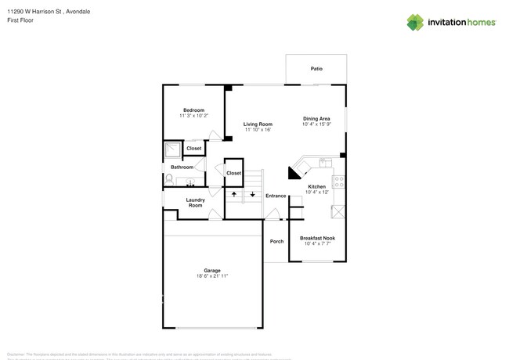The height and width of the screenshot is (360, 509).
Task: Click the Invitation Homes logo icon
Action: [416, 22]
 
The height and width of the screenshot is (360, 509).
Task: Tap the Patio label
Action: [316, 69]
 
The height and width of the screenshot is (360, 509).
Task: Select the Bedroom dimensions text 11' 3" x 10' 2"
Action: [193, 116]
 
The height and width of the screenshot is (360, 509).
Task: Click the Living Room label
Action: [257, 124]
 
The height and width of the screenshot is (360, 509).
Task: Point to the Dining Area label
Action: [316, 118]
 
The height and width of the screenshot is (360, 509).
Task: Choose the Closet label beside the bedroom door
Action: [193, 148]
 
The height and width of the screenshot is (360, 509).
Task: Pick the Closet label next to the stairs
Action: [233, 173]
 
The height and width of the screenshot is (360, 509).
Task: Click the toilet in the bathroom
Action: [170, 179]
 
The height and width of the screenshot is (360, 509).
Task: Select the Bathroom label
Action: [182, 167]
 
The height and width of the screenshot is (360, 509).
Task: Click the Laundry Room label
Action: [195, 202]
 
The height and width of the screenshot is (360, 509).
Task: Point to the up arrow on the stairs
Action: [233, 192]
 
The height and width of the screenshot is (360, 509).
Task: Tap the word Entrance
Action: [275, 195]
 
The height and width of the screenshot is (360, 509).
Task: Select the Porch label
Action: [276, 241]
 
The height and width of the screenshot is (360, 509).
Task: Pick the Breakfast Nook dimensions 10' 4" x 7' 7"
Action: [318, 243]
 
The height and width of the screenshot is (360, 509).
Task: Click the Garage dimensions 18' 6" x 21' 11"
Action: [211, 275]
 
